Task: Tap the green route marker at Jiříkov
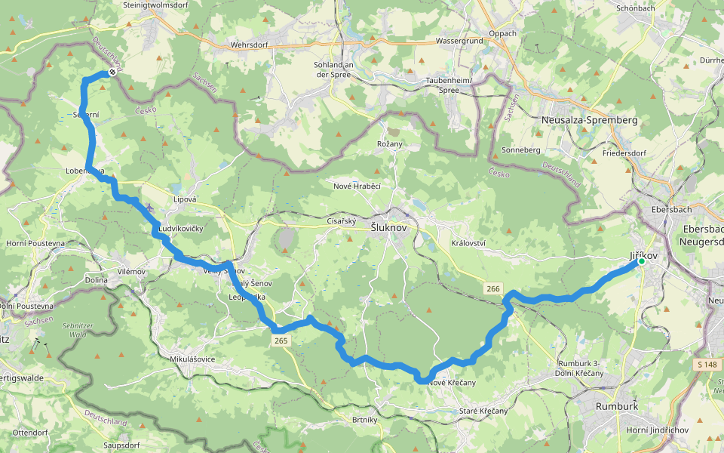(x=641, y=261)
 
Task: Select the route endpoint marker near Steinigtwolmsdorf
(x=112, y=72)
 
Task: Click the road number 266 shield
(x=493, y=288)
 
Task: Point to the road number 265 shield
(x=281, y=341)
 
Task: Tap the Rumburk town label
(x=617, y=405)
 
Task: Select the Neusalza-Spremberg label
(x=590, y=120)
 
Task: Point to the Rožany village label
(x=390, y=143)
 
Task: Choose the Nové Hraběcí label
(x=357, y=186)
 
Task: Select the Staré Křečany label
(x=483, y=411)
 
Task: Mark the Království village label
(x=468, y=243)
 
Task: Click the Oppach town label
(x=503, y=33)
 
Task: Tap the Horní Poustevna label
(x=35, y=243)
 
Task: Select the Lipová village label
(x=185, y=199)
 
